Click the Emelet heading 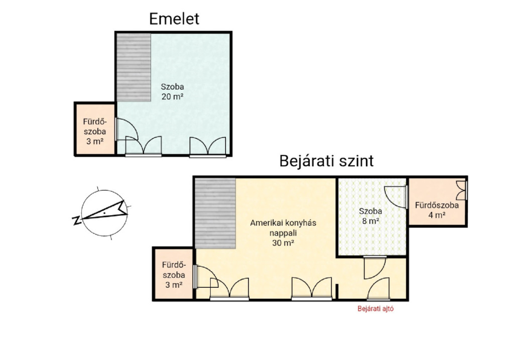tap(174, 19)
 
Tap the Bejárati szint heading tap(326, 161)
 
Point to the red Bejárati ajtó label tap(375, 308)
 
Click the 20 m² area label tap(172, 97)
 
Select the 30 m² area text tap(283, 243)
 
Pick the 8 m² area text tap(370, 221)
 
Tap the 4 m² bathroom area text tap(437, 215)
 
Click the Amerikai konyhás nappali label tap(283, 228)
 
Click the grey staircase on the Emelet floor tap(134, 67)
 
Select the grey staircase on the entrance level tap(215, 213)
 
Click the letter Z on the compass tap(77, 220)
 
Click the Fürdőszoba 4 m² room tap(437, 202)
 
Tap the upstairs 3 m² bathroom tap(95, 129)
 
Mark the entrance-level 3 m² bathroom tap(174, 274)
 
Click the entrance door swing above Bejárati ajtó tap(378, 289)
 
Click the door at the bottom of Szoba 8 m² tap(375, 268)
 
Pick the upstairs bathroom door tap(127, 129)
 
